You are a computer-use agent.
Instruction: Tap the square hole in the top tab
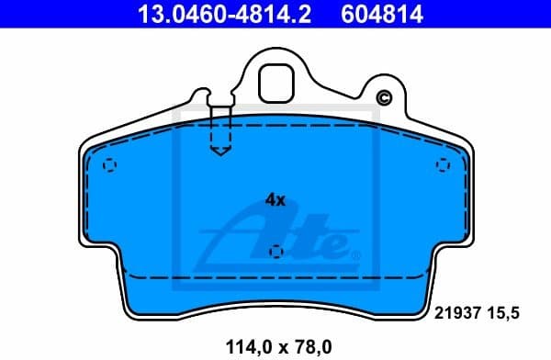point(275,84)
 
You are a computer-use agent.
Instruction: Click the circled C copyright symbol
point(384,98)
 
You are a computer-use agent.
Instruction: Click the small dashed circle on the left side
point(109,166)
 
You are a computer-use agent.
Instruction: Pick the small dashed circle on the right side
point(442,164)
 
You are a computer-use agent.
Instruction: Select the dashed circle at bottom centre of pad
point(275,252)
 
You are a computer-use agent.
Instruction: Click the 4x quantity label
point(275,199)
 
